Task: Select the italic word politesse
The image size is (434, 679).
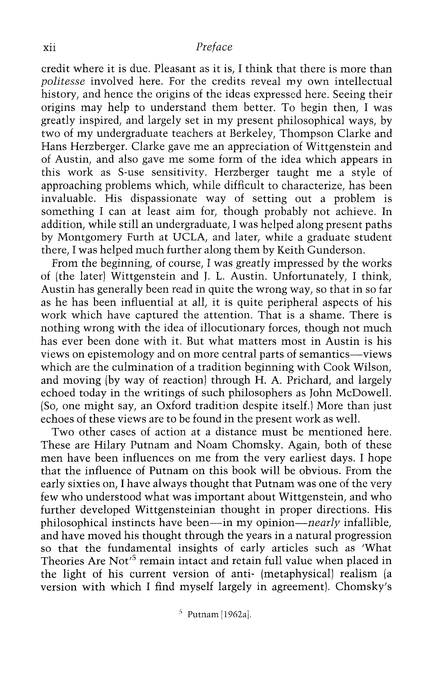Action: [x=63, y=82]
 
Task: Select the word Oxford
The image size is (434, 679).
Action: [x=173, y=406]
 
